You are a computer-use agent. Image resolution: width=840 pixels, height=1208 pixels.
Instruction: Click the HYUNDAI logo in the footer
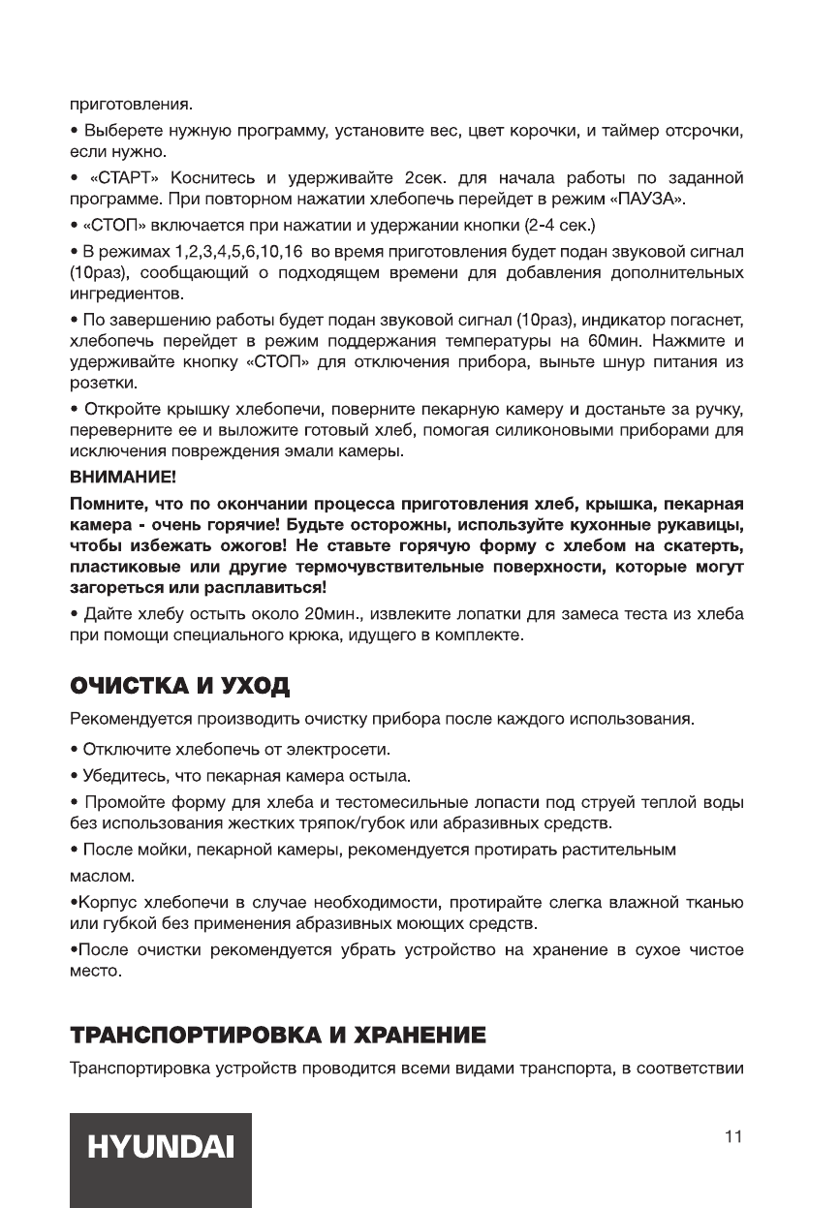click(x=161, y=1148)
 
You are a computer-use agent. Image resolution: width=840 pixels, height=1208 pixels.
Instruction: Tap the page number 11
click(x=733, y=1136)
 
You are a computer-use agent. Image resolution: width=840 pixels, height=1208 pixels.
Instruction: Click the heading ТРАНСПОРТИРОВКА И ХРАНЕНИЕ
click(x=276, y=1037)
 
